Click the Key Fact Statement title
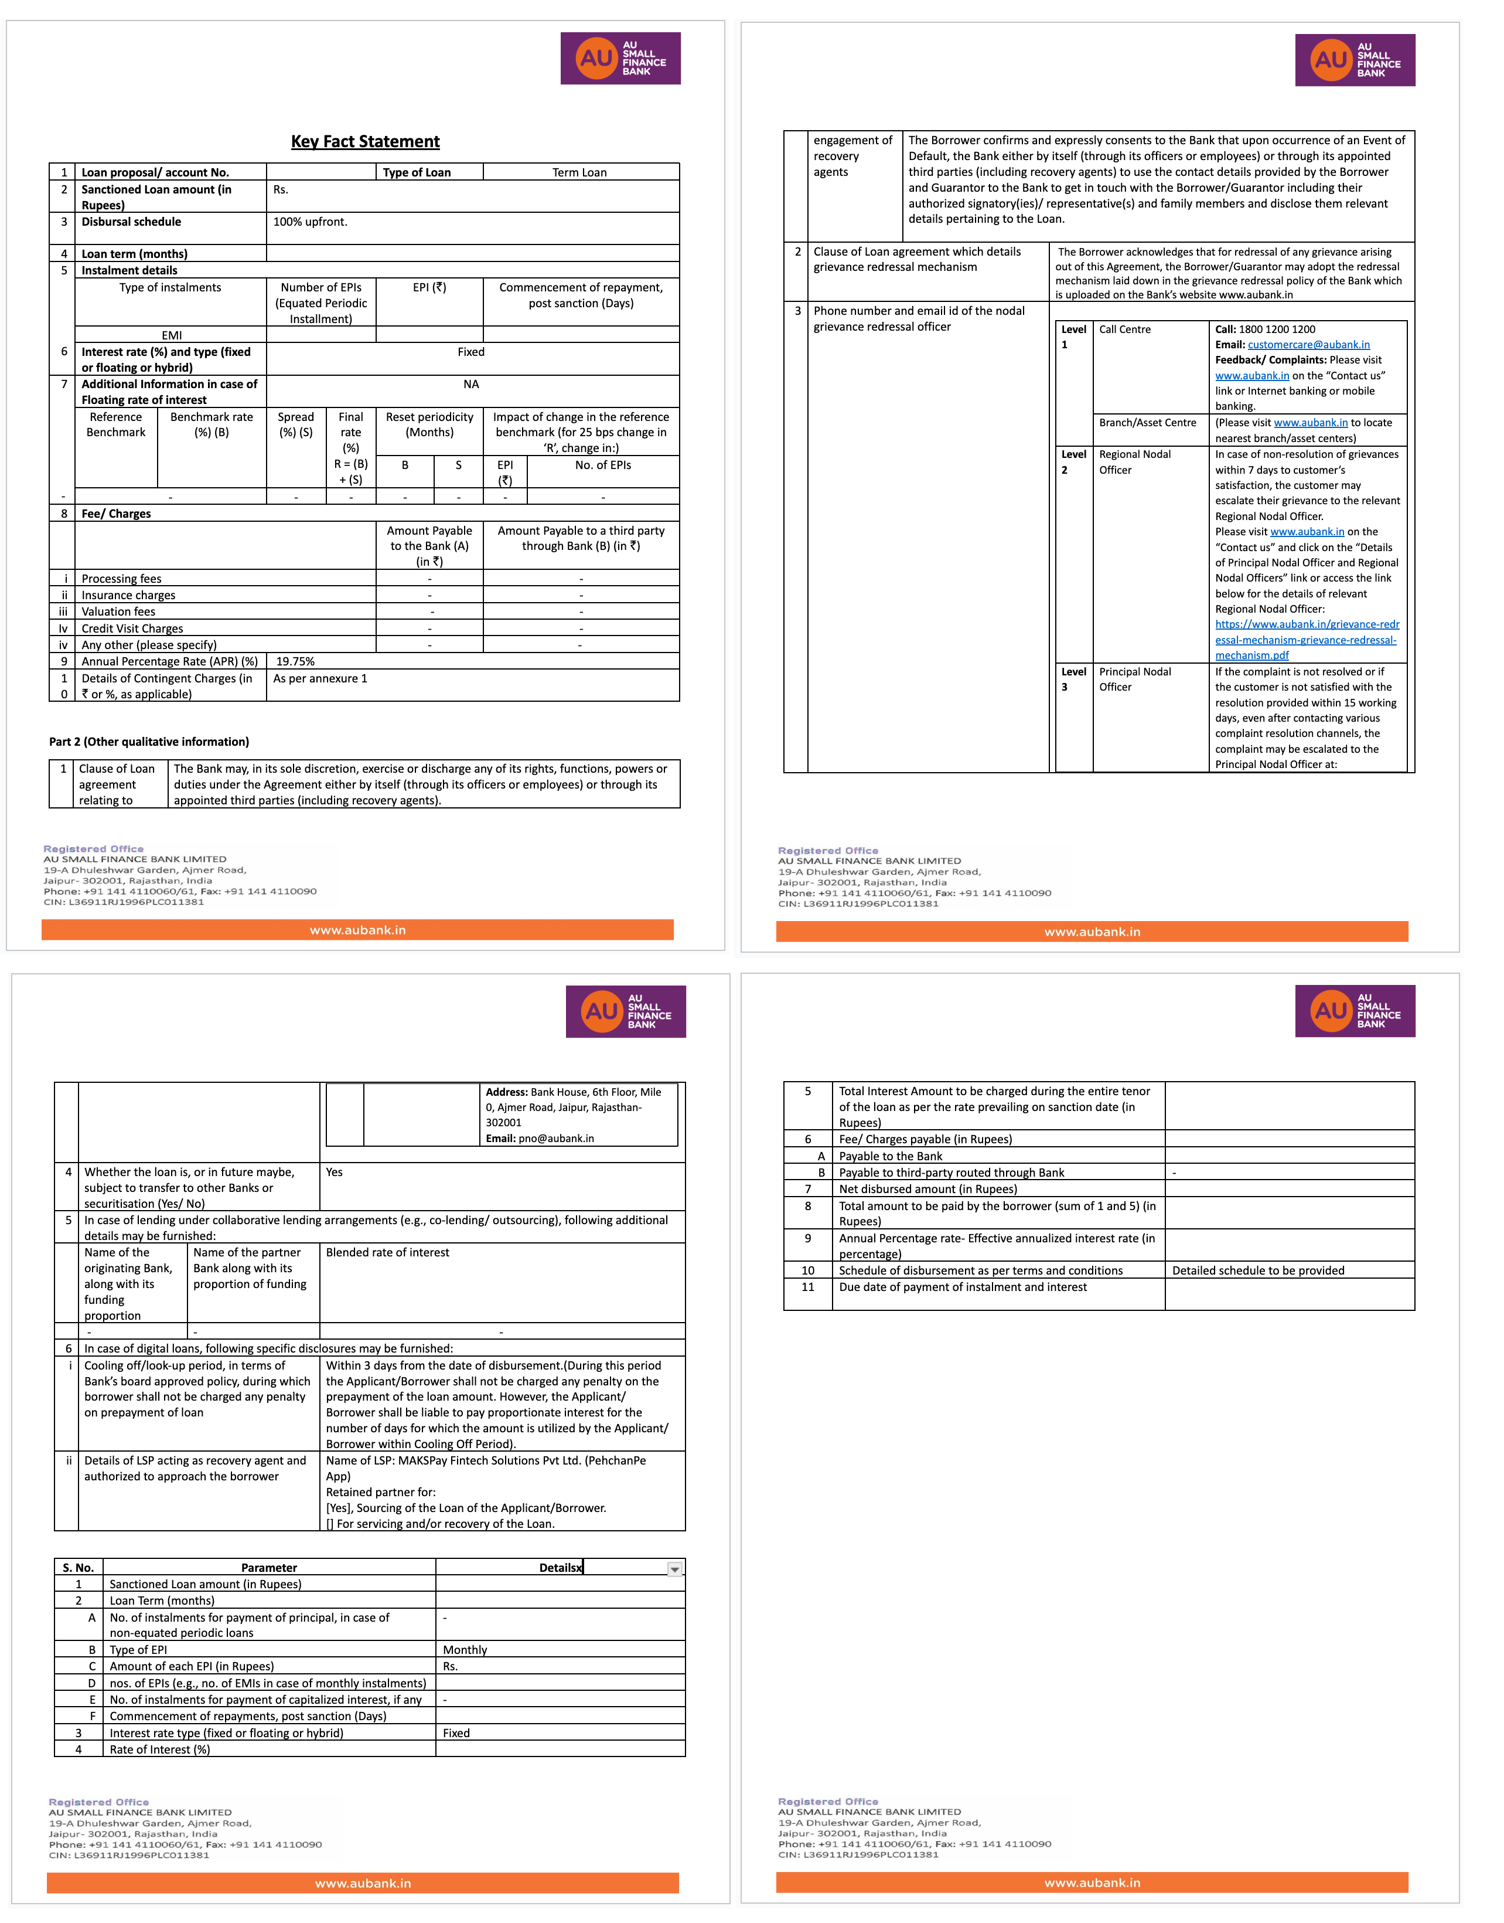366,142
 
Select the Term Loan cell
579,172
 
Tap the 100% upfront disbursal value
310,222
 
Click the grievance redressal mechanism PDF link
1307,640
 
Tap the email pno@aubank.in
555,1138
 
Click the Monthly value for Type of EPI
465,1650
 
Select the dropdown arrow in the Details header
674,1569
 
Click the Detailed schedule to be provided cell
1259,1270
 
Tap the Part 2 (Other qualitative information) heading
149,742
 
